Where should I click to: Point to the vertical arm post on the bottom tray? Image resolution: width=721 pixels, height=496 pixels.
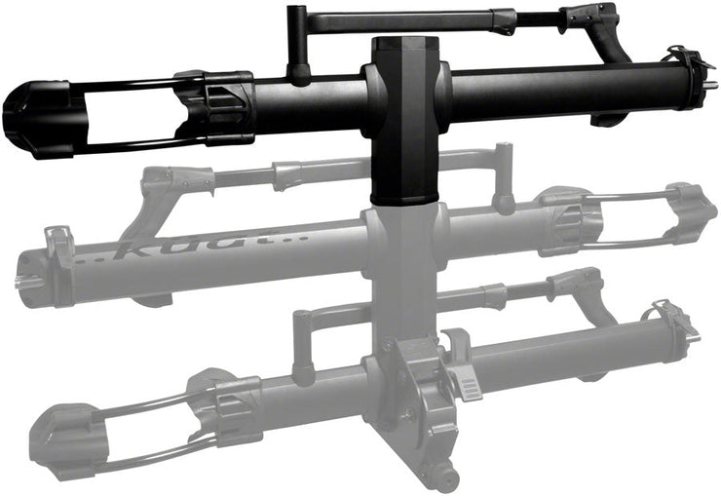pos(303,341)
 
